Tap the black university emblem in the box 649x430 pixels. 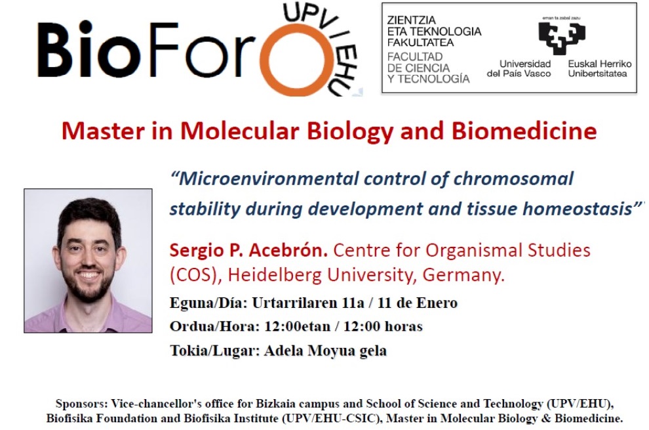pyautogui.click(x=562, y=37)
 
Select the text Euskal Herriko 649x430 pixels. pyautogui.click(x=599, y=64)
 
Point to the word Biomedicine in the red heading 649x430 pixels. pyautogui.click(x=524, y=131)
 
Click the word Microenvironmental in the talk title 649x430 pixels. pyautogui.click(x=268, y=179)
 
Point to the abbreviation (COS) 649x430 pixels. pyautogui.click(x=193, y=275)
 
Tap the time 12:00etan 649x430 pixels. pyautogui.click(x=297, y=326)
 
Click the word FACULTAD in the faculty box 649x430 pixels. pyautogui.click(x=409, y=57)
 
